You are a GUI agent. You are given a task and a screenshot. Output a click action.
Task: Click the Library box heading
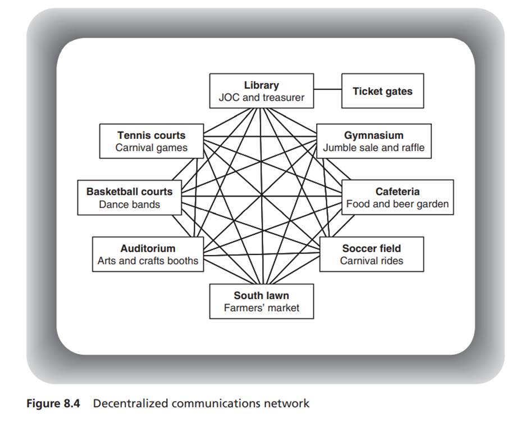[x=261, y=85]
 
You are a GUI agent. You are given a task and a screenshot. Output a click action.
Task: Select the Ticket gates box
[x=382, y=91]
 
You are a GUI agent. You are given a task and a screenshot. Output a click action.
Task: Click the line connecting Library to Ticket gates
[x=327, y=90]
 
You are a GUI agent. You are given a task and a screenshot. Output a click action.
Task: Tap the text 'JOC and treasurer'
[x=261, y=97]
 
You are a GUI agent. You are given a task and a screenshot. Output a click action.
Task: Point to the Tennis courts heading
[x=151, y=135]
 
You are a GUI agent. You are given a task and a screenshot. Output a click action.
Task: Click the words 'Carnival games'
[x=151, y=148]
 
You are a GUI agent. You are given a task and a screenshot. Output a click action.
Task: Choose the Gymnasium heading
[x=373, y=135]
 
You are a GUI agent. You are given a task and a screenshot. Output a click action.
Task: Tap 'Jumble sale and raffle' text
[x=373, y=148]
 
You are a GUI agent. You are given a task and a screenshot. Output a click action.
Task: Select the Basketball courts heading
[x=129, y=192]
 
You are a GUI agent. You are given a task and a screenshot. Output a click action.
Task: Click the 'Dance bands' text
[x=129, y=204]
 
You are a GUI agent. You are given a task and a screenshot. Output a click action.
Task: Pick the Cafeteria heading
[x=398, y=192]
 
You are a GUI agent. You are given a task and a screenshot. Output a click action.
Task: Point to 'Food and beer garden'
[x=398, y=204]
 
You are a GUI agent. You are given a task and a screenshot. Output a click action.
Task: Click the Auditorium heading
[x=148, y=248]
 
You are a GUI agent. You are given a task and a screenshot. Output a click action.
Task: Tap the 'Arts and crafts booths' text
[x=148, y=261]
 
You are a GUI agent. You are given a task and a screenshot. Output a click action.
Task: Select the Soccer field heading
[x=371, y=248]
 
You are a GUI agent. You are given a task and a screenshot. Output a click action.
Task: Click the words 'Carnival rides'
[x=371, y=261]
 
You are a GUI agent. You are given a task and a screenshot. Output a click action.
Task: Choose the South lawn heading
[x=261, y=296]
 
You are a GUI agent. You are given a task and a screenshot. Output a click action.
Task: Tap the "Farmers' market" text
[x=261, y=308]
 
